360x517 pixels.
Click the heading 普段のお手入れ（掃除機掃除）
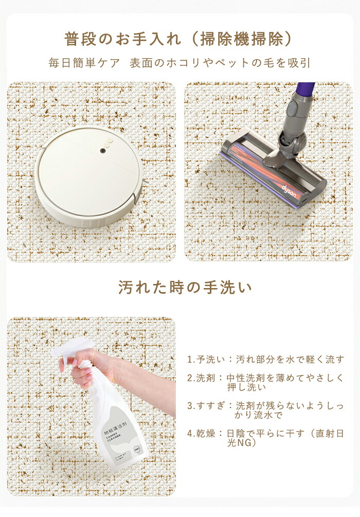click(x=178, y=39)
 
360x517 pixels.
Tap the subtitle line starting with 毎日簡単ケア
click(x=179, y=63)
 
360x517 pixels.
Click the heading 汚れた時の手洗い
click(x=185, y=287)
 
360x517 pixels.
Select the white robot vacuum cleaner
click(x=89, y=176)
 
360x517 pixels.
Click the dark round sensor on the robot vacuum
click(x=103, y=151)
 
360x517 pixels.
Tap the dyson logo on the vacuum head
click(x=289, y=191)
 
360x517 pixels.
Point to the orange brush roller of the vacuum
click(x=264, y=165)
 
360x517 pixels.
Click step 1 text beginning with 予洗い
click(x=266, y=359)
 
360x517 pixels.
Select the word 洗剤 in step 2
click(x=206, y=378)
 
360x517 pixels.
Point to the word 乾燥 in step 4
click(x=206, y=433)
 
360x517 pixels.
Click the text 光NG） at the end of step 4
click(x=242, y=443)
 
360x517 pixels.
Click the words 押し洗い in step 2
click(x=246, y=387)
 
